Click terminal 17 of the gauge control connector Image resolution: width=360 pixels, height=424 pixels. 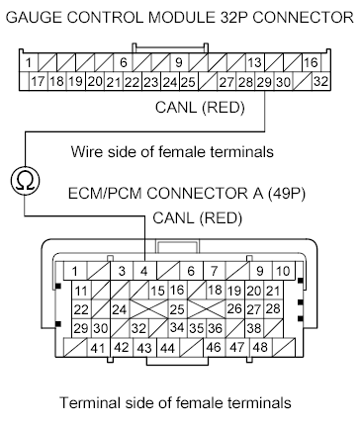pos(39,82)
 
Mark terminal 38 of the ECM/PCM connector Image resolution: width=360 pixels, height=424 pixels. pos(253,327)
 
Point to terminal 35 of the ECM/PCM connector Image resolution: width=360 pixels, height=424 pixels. pos(198,327)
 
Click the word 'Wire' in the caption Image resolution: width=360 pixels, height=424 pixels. pos(86,151)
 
